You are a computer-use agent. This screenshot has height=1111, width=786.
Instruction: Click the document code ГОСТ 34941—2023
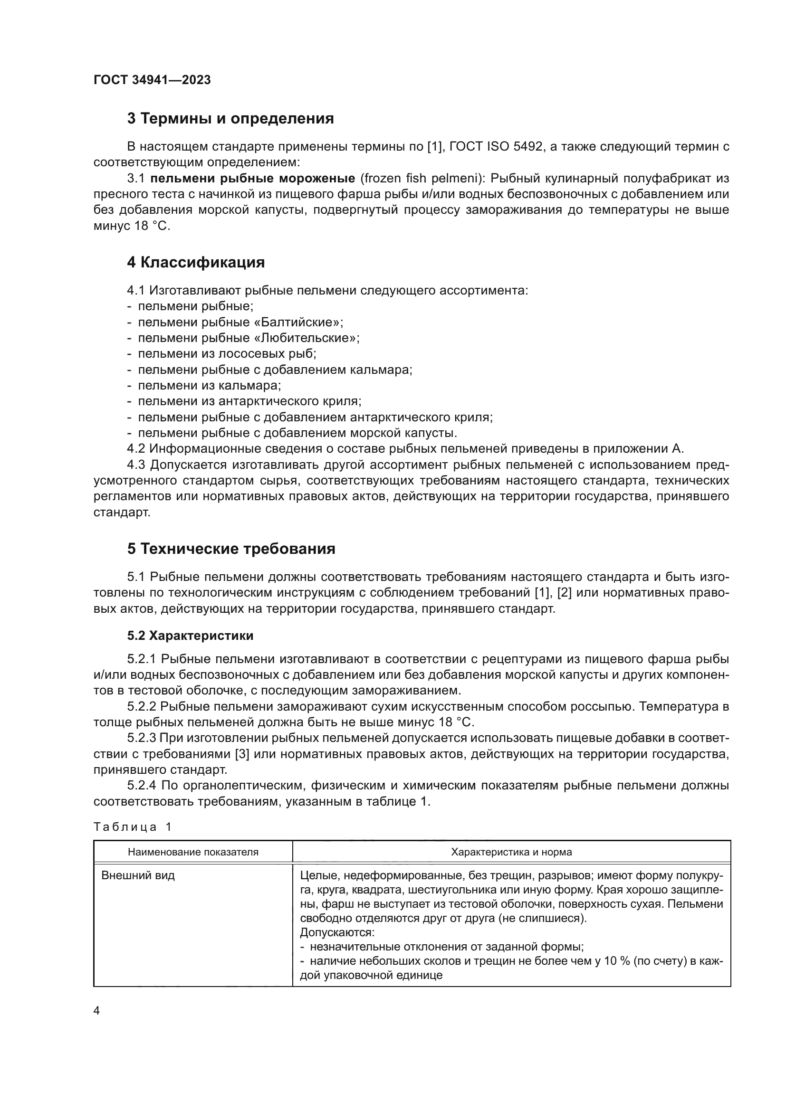click(x=152, y=80)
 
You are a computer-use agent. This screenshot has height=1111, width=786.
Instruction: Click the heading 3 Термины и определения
click(x=230, y=119)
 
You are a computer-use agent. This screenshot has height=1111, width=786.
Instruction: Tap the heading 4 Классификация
click(x=196, y=263)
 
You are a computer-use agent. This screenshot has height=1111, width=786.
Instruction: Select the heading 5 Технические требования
click(x=231, y=549)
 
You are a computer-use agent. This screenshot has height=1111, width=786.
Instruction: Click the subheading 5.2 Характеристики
click(x=190, y=636)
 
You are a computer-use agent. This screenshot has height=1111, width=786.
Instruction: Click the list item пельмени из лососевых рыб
click(x=227, y=354)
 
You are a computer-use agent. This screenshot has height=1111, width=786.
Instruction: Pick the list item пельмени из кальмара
click(x=210, y=386)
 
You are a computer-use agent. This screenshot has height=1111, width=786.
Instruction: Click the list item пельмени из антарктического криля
click(x=250, y=401)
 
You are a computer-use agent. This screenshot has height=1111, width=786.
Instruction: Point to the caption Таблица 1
click(x=132, y=827)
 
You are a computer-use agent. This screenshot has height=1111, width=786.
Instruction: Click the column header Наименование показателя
click(x=193, y=852)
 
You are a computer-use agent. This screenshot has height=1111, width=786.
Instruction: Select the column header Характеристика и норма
click(x=511, y=852)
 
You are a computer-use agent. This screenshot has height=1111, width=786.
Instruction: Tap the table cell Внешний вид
click(x=138, y=875)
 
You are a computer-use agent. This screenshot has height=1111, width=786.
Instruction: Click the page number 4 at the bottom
click(x=96, y=1011)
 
